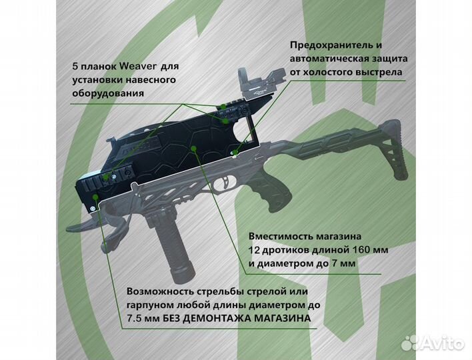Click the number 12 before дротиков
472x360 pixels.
click(x=254, y=250)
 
